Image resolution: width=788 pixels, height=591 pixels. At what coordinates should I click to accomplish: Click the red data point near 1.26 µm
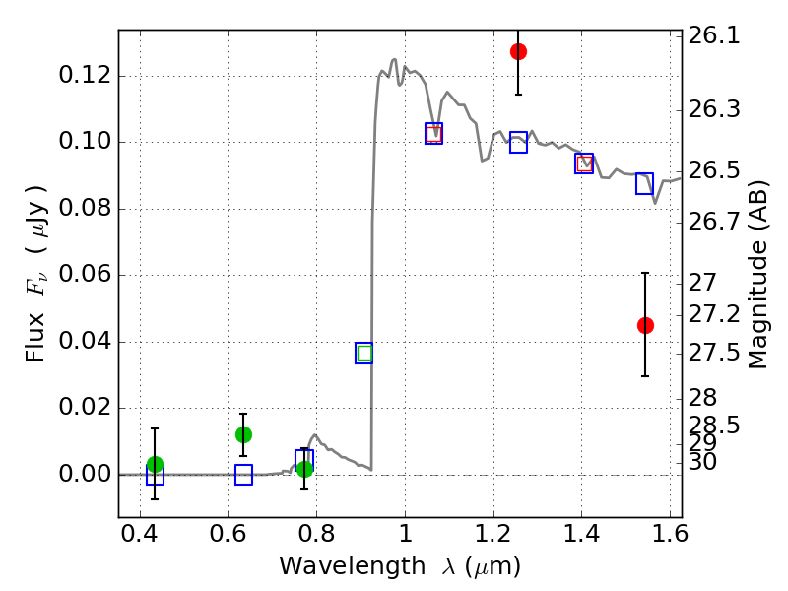point(518,51)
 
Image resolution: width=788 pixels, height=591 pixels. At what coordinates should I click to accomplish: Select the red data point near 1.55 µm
point(645,325)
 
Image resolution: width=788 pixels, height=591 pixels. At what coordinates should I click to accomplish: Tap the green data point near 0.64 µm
point(243,434)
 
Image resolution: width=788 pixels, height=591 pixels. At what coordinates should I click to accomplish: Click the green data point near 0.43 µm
point(155,465)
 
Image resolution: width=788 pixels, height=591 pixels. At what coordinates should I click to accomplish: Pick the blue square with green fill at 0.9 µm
point(364,354)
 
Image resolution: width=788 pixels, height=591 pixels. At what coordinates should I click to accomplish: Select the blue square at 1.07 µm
point(433,133)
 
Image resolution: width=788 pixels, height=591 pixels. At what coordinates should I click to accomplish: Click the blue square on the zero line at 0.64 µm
point(243,475)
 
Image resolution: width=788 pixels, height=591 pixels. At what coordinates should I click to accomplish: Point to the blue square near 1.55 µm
point(644,183)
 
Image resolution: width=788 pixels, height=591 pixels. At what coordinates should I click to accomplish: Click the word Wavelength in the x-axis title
point(336,566)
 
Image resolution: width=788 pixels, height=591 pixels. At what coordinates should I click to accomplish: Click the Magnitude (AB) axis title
point(758,274)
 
